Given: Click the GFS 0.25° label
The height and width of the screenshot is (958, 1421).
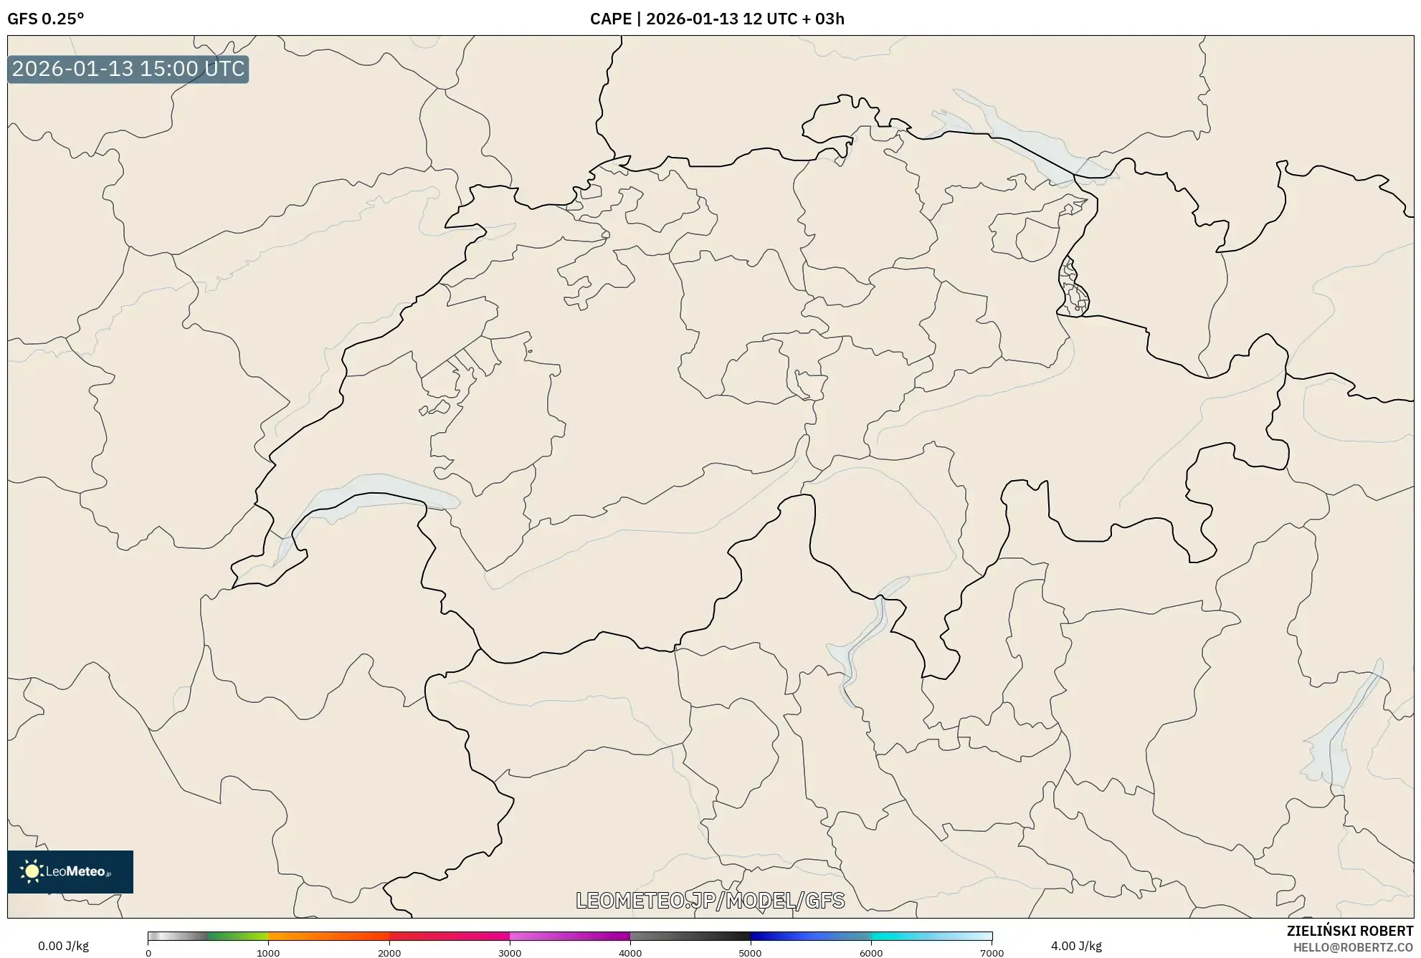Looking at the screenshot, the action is (45, 19).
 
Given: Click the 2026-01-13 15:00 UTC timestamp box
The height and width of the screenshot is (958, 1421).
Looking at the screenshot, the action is (128, 69).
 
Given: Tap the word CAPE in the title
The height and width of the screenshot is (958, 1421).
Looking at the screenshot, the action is (610, 19).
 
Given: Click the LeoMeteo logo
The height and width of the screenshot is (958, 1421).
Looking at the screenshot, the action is (70, 871).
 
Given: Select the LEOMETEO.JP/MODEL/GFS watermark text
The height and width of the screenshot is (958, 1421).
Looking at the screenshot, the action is (710, 900).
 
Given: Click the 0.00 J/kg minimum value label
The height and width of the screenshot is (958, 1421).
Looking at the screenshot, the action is (63, 946).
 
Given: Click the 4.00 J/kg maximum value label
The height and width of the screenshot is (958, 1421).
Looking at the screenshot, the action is (1076, 946).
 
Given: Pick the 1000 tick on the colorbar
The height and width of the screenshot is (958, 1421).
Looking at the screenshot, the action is (268, 953).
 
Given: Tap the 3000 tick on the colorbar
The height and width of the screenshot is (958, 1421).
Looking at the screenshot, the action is (510, 953).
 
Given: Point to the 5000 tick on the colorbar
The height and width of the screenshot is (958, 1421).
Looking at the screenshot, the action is (751, 953).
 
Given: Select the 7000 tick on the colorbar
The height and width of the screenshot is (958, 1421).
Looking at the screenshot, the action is (992, 953).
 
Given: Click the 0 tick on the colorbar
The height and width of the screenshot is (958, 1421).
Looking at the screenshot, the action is (148, 953).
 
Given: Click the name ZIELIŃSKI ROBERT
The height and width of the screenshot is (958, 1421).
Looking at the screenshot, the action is (1350, 931).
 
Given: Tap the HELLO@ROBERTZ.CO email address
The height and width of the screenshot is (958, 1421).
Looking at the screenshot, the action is (1353, 947).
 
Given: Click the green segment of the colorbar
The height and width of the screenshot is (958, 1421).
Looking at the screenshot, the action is (237, 936).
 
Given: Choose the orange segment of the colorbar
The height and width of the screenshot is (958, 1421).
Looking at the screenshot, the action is (315, 936).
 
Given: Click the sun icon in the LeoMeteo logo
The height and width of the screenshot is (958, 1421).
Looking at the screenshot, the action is (32, 871).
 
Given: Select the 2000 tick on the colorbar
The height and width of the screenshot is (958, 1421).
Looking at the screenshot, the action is (389, 953).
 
